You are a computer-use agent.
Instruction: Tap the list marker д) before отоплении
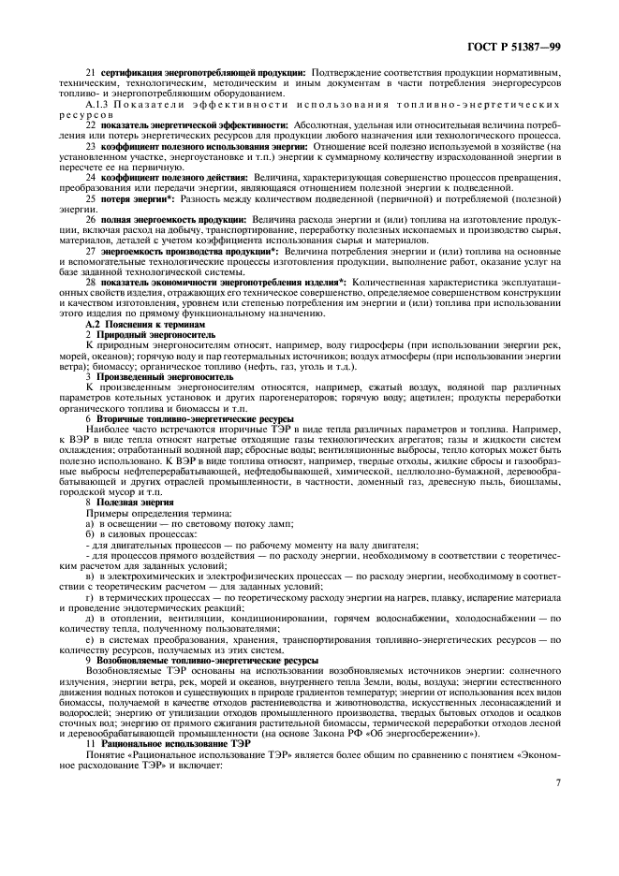point(90,619)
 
